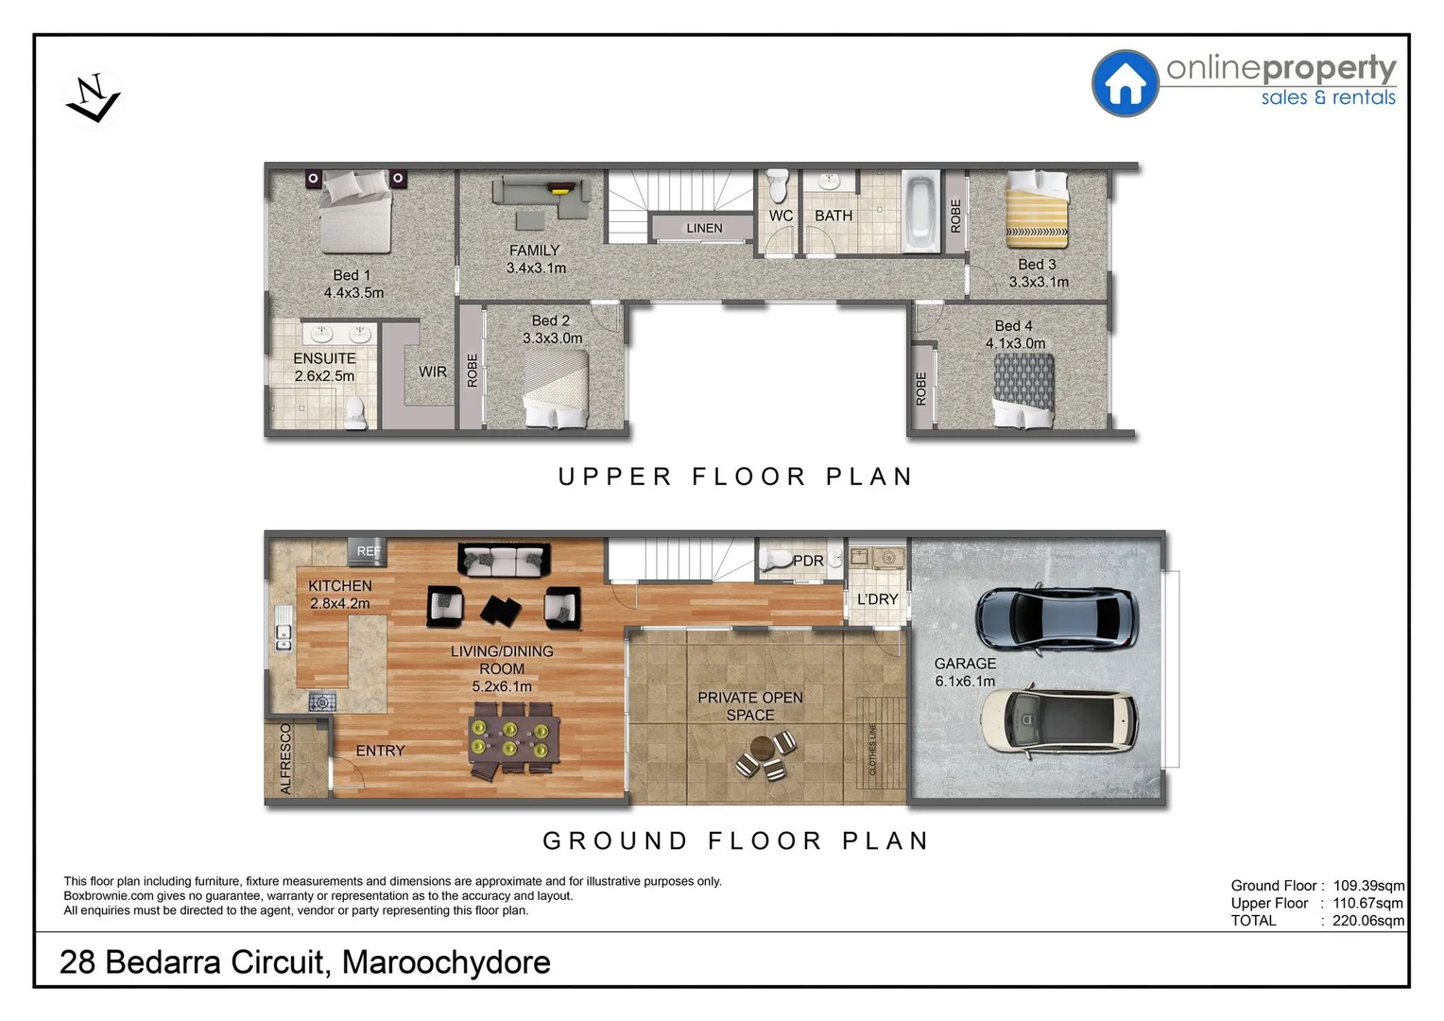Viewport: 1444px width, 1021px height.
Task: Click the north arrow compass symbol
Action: pyautogui.click(x=93, y=98)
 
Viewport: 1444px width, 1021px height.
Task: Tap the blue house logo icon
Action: pyautogui.click(x=1125, y=83)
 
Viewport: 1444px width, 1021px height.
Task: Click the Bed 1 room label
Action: pyautogui.click(x=352, y=275)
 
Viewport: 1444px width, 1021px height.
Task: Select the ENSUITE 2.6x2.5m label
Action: pyautogui.click(x=324, y=367)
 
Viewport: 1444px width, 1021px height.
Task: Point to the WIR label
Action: pyautogui.click(x=433, y=372)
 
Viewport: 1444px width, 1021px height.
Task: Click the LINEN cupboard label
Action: pyautogui.click(x=704, y=228)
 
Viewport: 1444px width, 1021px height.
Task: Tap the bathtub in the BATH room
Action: pyautogui.click(x=920, y=212)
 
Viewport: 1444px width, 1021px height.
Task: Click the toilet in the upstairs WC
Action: pyautogui.click(x=778, y=186)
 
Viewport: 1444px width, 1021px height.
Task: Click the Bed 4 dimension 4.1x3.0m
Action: pyautogui.click(x=1015, y=343)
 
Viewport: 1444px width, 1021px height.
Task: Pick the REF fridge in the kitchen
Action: pyautogui.click(x=368, y=550)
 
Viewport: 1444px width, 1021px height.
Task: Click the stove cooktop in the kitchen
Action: pyautogui.click(x=322, y=701)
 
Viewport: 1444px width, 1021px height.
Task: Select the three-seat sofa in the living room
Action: pyautogui.click(x=504, y=560)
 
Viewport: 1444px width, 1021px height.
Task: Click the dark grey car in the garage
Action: pyautogui.click(x=1056, y=619)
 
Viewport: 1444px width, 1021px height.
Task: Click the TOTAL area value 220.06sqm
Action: pyautogui.click(x=1367, y=920)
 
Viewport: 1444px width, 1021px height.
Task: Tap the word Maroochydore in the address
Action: pyautogui.click(x=446, y=961)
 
